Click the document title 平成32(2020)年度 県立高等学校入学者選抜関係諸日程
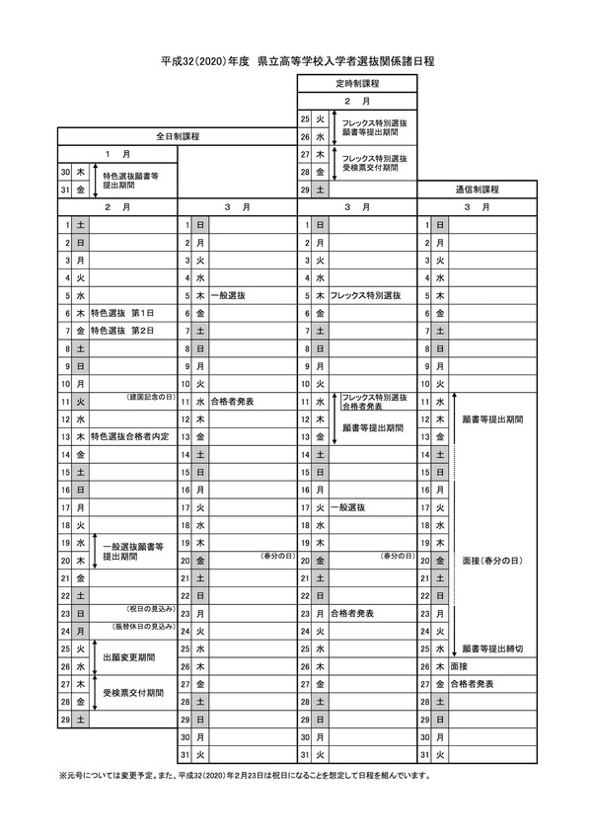point(297,61)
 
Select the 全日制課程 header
point(177,136)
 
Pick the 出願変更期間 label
point(126,655)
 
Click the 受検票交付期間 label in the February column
point(133,693)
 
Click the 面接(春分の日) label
point(491,560)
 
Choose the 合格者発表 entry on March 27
point(472,683)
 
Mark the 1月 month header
point(116,154)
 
